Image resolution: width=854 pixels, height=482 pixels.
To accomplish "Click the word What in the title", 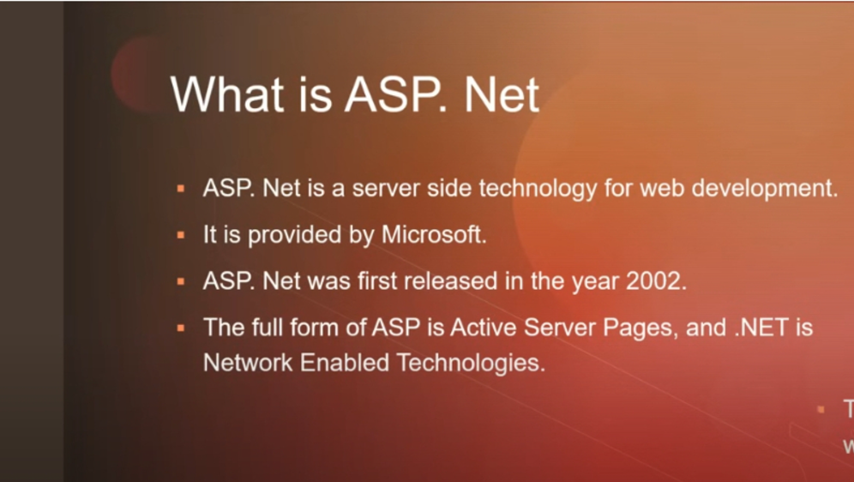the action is coord(226,94).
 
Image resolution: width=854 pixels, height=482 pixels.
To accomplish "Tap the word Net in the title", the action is coord(502,94).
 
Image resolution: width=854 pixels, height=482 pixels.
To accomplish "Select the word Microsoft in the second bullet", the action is coord(434,235).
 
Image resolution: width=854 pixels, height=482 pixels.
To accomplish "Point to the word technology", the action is coord(538,189).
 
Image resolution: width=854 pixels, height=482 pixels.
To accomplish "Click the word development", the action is coord(764,189).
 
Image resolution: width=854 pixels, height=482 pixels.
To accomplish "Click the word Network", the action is coord(248,363).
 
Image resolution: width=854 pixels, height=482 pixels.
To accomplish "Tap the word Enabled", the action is coord(344,363).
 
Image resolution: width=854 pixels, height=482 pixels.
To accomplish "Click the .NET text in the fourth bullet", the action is coord(761,328).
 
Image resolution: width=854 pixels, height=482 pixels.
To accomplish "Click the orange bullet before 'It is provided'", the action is coord(181,235).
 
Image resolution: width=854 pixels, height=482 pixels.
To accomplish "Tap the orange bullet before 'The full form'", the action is coord(181,328).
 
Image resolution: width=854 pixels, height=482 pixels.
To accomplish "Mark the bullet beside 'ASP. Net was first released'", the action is coord(181,281).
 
